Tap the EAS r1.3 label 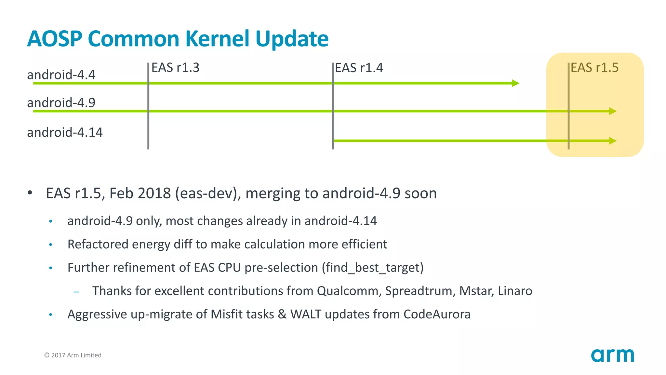coord(175,68)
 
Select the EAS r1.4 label coord(359,68)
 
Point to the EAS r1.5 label coord(594,68)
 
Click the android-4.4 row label coord(61,75)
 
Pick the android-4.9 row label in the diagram coord(61,103)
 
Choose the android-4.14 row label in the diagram coord(65,132)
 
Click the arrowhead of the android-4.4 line coord(515,83)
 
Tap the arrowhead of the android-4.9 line coord(613,111)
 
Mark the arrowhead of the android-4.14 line coord(613,141)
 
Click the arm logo coord(612,355)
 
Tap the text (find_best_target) coord(373,268)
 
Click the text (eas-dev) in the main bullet coord(208,193)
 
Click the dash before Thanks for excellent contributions coord(76,292)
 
